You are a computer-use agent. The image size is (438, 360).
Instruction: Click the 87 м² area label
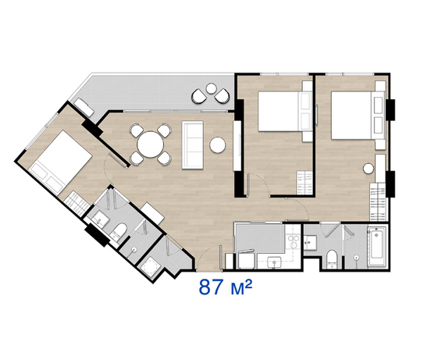tap(226, 287)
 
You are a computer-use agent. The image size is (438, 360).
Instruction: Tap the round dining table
tap(150, 144)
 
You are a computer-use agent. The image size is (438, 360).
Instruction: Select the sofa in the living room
tap(193, 144)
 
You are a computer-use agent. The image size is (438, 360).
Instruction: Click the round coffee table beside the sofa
tap(218, 145)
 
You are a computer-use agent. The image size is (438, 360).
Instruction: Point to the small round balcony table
tap(211, 88)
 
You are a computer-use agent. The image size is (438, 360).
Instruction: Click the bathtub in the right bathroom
tap(376, 247)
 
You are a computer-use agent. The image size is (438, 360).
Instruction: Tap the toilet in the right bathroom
tap(332, 259)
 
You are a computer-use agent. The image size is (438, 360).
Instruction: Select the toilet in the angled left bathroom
tap(119, 231)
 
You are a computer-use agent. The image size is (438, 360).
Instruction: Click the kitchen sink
tap(274, 262)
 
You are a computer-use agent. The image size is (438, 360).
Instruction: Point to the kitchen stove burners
tap(294, 242)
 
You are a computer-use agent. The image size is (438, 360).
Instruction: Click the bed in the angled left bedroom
tap(60, 162)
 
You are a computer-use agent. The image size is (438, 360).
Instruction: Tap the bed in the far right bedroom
tap(358, 116)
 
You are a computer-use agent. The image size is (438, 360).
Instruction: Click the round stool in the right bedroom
tap(369, 169)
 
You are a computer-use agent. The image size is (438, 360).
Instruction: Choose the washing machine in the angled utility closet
tap(150, 267)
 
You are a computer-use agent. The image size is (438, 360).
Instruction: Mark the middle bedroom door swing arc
tap(260, 182)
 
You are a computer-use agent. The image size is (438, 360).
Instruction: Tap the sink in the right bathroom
tap(310, 243)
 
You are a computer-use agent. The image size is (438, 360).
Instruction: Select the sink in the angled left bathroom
tap(101, 219)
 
